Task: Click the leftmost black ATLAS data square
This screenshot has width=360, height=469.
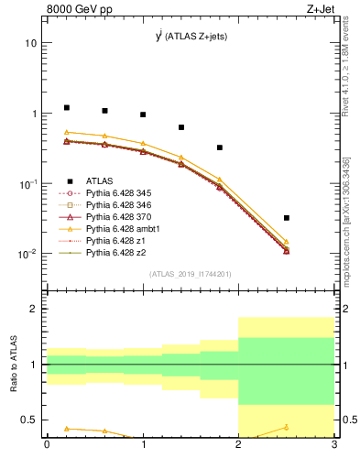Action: point(66,107)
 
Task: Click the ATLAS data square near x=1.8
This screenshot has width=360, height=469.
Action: point(220,147)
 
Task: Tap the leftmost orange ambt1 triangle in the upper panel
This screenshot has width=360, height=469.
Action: point(66,132)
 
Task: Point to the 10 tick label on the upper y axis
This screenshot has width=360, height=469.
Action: point(31,43)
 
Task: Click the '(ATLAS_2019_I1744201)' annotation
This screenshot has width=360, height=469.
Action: point(191,273)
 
